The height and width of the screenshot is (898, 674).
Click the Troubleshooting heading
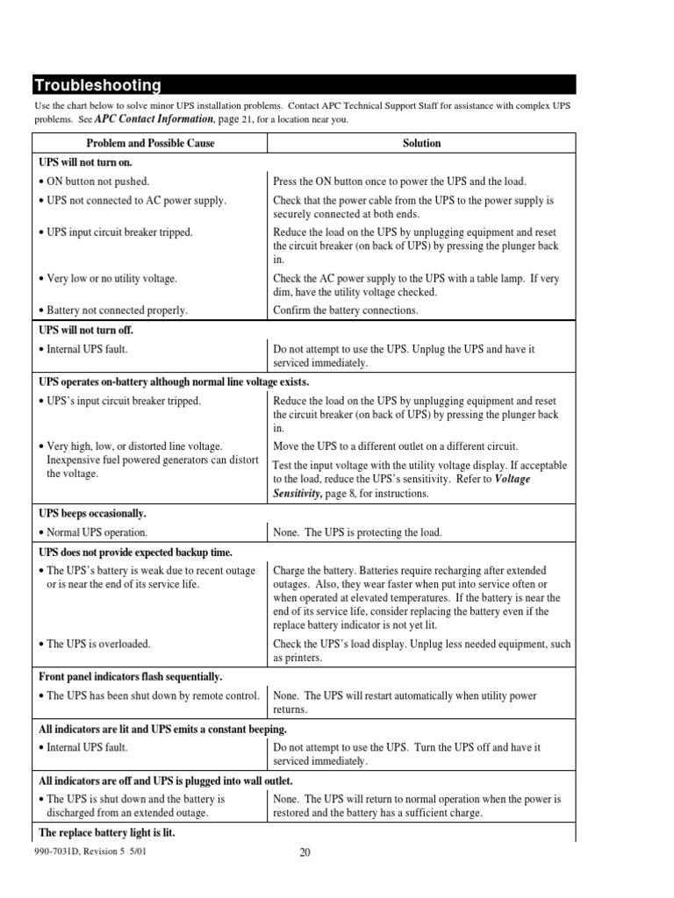(x=97, y=85)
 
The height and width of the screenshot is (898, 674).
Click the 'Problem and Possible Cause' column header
(x=150, y=143)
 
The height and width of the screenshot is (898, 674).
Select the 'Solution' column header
(x=421, y=143)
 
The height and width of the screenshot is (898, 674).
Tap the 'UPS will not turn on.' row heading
(x=85, y=162)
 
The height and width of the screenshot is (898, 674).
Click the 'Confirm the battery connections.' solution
(x=345, y=310)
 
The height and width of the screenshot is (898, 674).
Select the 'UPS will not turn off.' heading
(x=86, y=331)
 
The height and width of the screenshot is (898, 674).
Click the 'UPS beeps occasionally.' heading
(x=92, y=513)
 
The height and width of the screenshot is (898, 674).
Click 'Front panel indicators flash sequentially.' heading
(x=131, y=676)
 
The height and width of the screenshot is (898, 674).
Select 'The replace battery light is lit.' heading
(x=107, y=832)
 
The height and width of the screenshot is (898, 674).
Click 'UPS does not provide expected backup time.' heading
(x=135, y=552)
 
